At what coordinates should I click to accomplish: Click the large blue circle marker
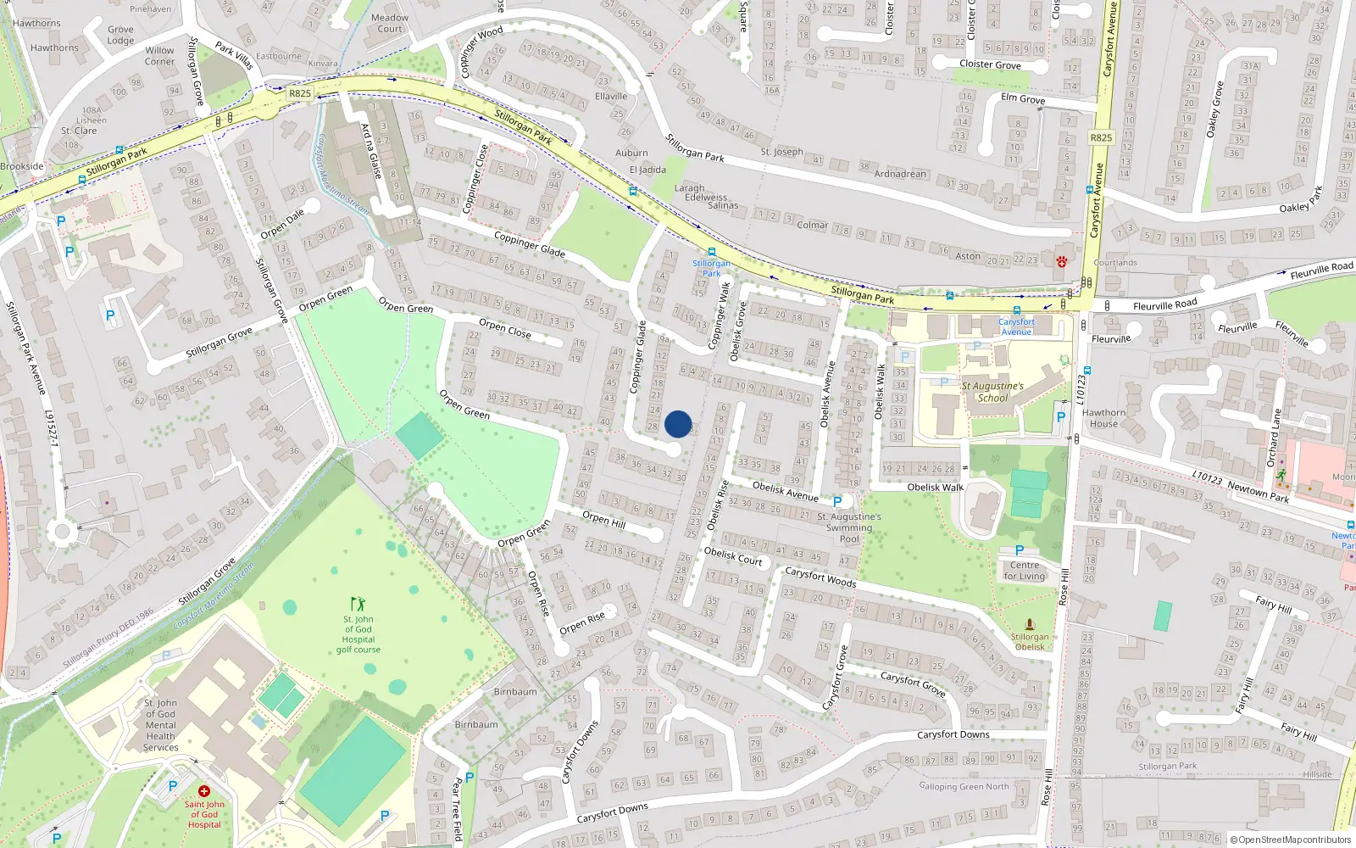678,424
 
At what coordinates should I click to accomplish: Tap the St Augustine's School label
992,392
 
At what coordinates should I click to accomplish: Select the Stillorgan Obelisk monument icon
1030,625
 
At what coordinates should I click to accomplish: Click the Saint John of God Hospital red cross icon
203,791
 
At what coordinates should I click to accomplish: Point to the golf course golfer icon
358,604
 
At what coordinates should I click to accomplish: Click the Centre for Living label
1024,571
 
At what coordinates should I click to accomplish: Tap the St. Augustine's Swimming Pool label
848,527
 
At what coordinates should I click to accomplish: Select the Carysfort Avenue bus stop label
1016,326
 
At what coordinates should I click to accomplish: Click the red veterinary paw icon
1061,262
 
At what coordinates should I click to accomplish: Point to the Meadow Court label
390,23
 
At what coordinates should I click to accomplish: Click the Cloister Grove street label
990,64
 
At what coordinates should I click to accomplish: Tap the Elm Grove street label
1023,98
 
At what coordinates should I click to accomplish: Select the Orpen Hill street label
603,518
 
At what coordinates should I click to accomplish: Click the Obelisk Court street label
733,556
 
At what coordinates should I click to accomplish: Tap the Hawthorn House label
1103,418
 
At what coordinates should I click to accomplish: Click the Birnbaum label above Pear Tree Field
515,691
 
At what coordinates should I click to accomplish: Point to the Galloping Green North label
964,786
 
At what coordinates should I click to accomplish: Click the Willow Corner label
159,56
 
